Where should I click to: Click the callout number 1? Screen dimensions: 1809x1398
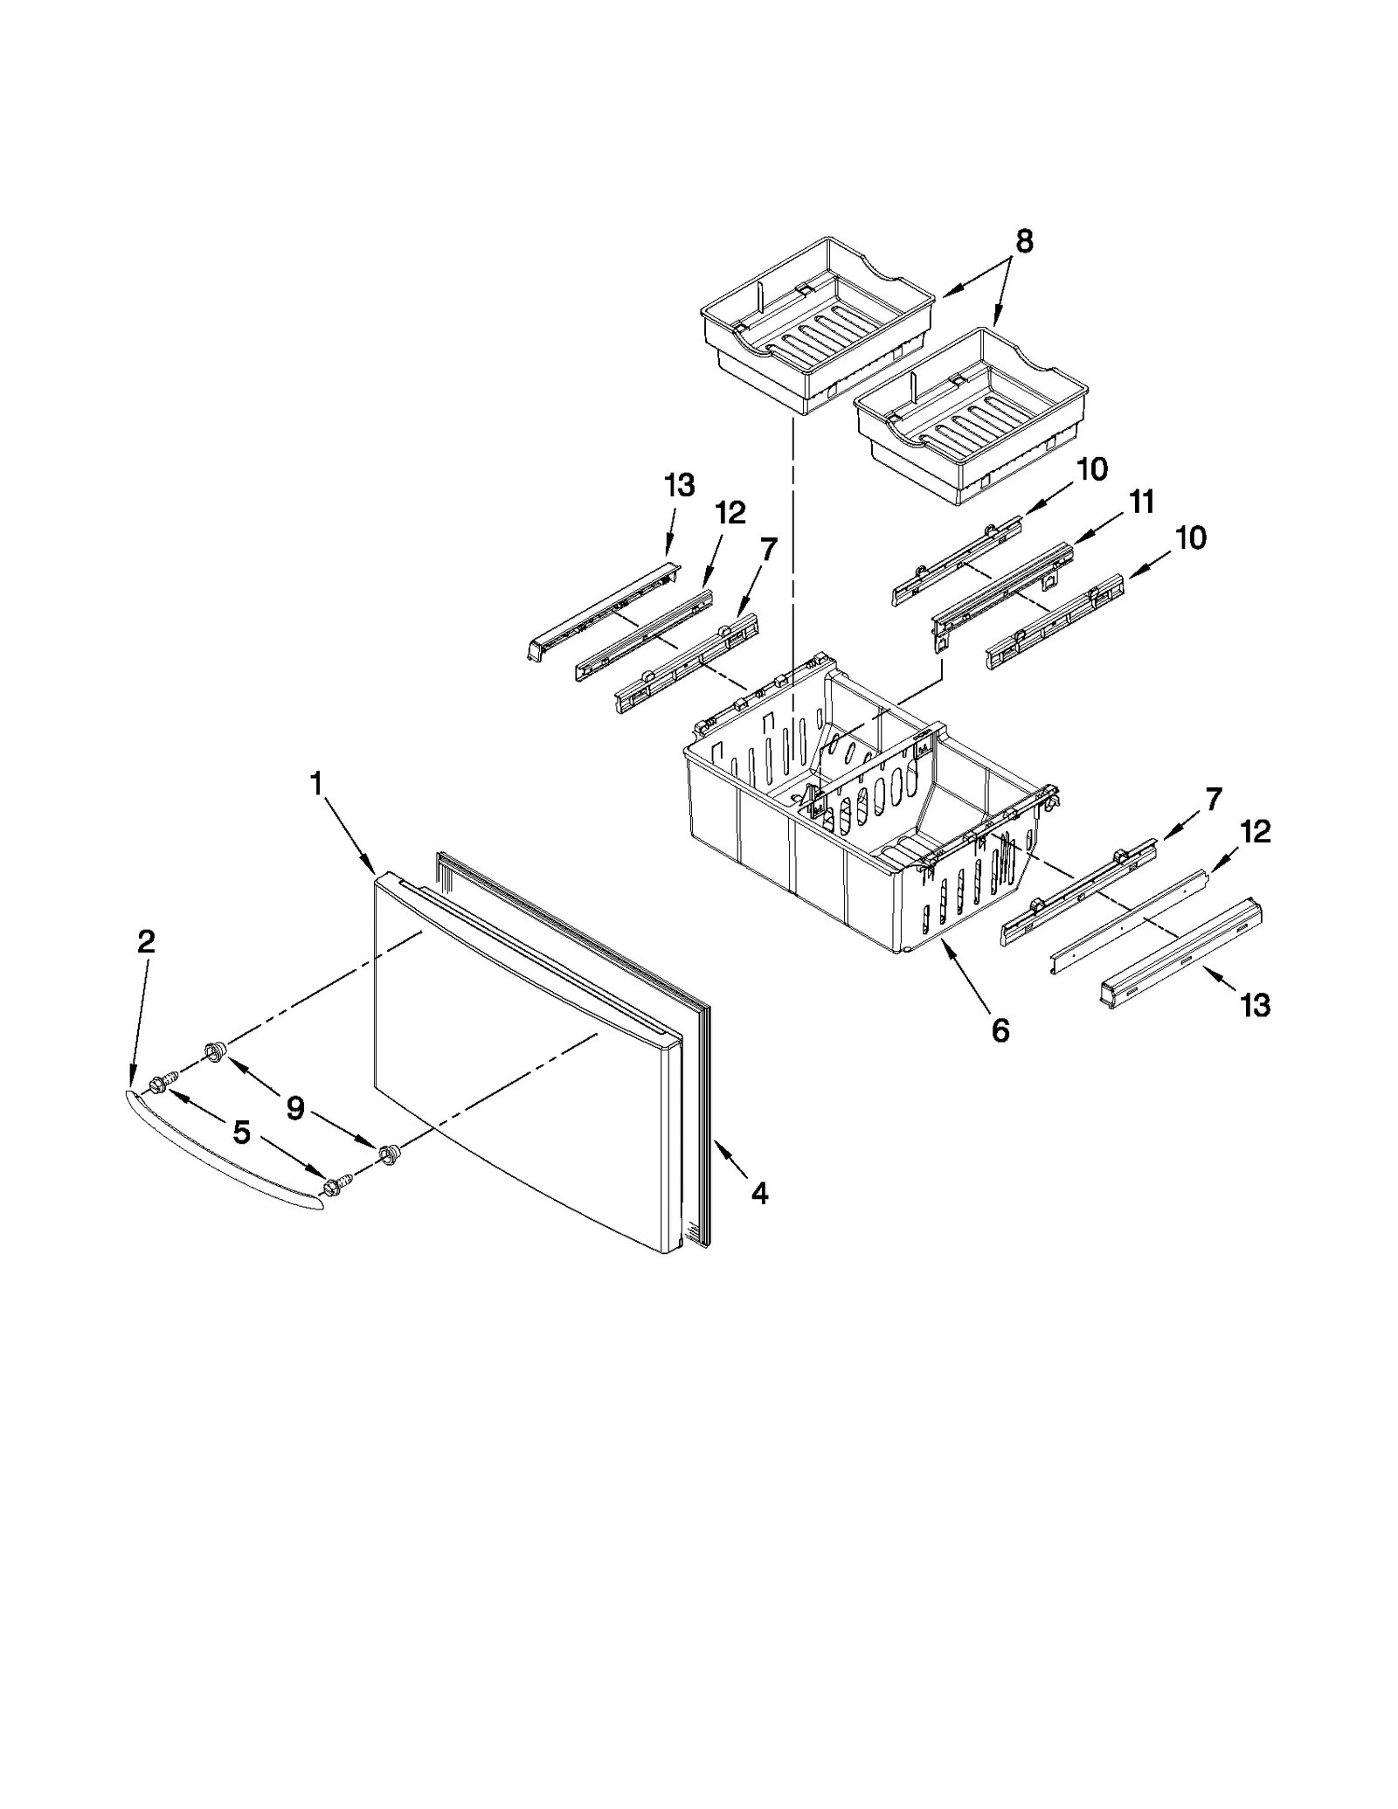click(x=317, y=783)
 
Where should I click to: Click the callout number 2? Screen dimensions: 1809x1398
click(x=147, y=941)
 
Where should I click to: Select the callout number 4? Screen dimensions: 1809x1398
click(x=759, y=1193)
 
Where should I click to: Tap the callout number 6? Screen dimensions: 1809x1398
click(x=1000, y=1031)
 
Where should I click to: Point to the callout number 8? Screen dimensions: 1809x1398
click(x=1024, y=241)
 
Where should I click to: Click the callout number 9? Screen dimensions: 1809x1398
click(x=295, y=1109)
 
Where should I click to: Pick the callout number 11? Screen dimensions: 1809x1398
click(x=1141, y=502)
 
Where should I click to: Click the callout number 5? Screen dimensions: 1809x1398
click(x=241, y=1133)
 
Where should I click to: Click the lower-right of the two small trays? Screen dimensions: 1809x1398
click(x=970, y=419)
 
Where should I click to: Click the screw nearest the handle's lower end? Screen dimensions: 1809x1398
click(x=333, y=1185)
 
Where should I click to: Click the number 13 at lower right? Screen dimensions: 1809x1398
click(x=1255, y=1006)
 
